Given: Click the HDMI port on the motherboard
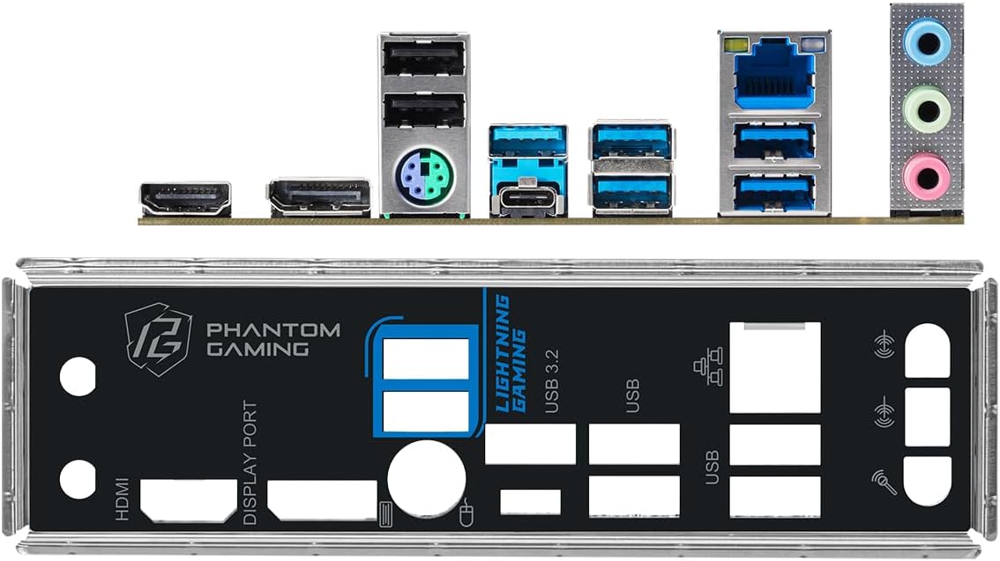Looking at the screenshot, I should pos(185,199).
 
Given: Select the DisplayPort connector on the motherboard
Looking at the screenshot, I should pos(319,197).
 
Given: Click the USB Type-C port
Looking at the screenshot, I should pos(528,200).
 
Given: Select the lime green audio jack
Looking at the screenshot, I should pos(926,111).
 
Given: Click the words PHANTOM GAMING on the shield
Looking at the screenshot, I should pos(272,339).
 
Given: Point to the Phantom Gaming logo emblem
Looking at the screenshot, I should pos(158,338).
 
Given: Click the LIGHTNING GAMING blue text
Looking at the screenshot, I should pos(511,352).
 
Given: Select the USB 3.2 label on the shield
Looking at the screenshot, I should pos(552,380).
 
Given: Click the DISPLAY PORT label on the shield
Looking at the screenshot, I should pos(251,462).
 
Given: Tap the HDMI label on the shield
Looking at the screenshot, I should pos(122,498).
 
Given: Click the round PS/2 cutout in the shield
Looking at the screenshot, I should pos(426,478).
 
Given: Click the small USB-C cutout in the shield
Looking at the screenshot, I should pos(530,501).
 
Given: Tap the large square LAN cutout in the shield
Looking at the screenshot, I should pos(775,366).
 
